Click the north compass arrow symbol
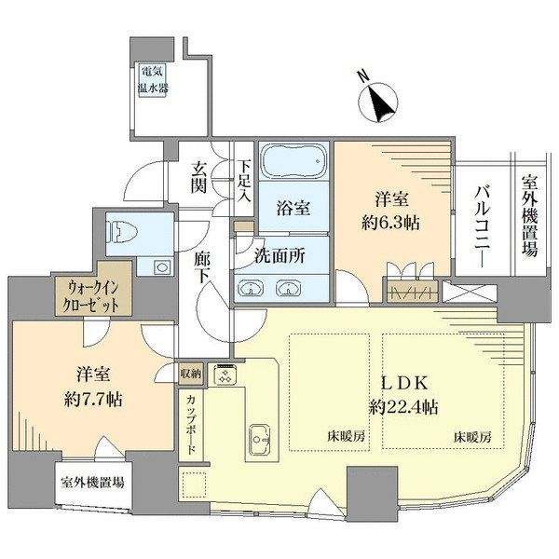tap(377, 102)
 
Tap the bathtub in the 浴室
tap(293, 160)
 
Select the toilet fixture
tap(123, 233)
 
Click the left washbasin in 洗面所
tap(251, 288)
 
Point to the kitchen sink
tap(259, 439)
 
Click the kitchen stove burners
tap(225, 375)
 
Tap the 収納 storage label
tap(191, 374)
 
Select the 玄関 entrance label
tap(198, 177)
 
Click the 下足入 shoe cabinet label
tap(244, 182)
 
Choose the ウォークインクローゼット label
tap(92, 296)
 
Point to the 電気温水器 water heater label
tap(154, 79)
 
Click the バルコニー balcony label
tap(483, 226)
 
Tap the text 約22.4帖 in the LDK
tap(403, 407)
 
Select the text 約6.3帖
tap(390, 223)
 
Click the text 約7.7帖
tap(93, 399)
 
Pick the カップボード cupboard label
tap(191, 424)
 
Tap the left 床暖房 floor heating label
tap(347, 436)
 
